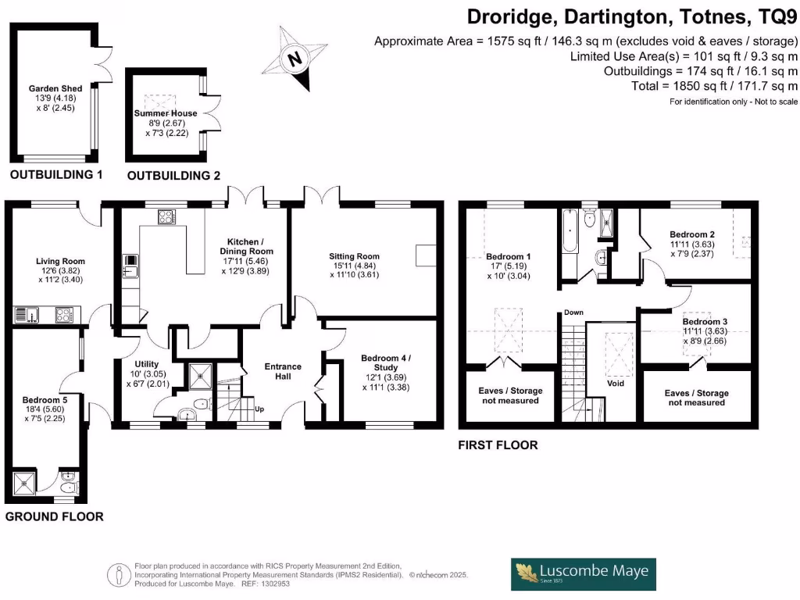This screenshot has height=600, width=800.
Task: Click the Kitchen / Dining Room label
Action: [245, 251]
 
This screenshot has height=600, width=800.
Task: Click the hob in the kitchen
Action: [166, 217]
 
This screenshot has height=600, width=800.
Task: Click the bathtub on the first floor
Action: [568, 231]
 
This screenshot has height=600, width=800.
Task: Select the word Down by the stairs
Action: [573, 312]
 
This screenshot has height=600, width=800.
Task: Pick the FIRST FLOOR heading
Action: [498, 445]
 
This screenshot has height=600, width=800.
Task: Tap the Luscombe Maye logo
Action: [584, 574]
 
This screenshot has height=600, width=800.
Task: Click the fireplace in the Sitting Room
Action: [426, 256]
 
